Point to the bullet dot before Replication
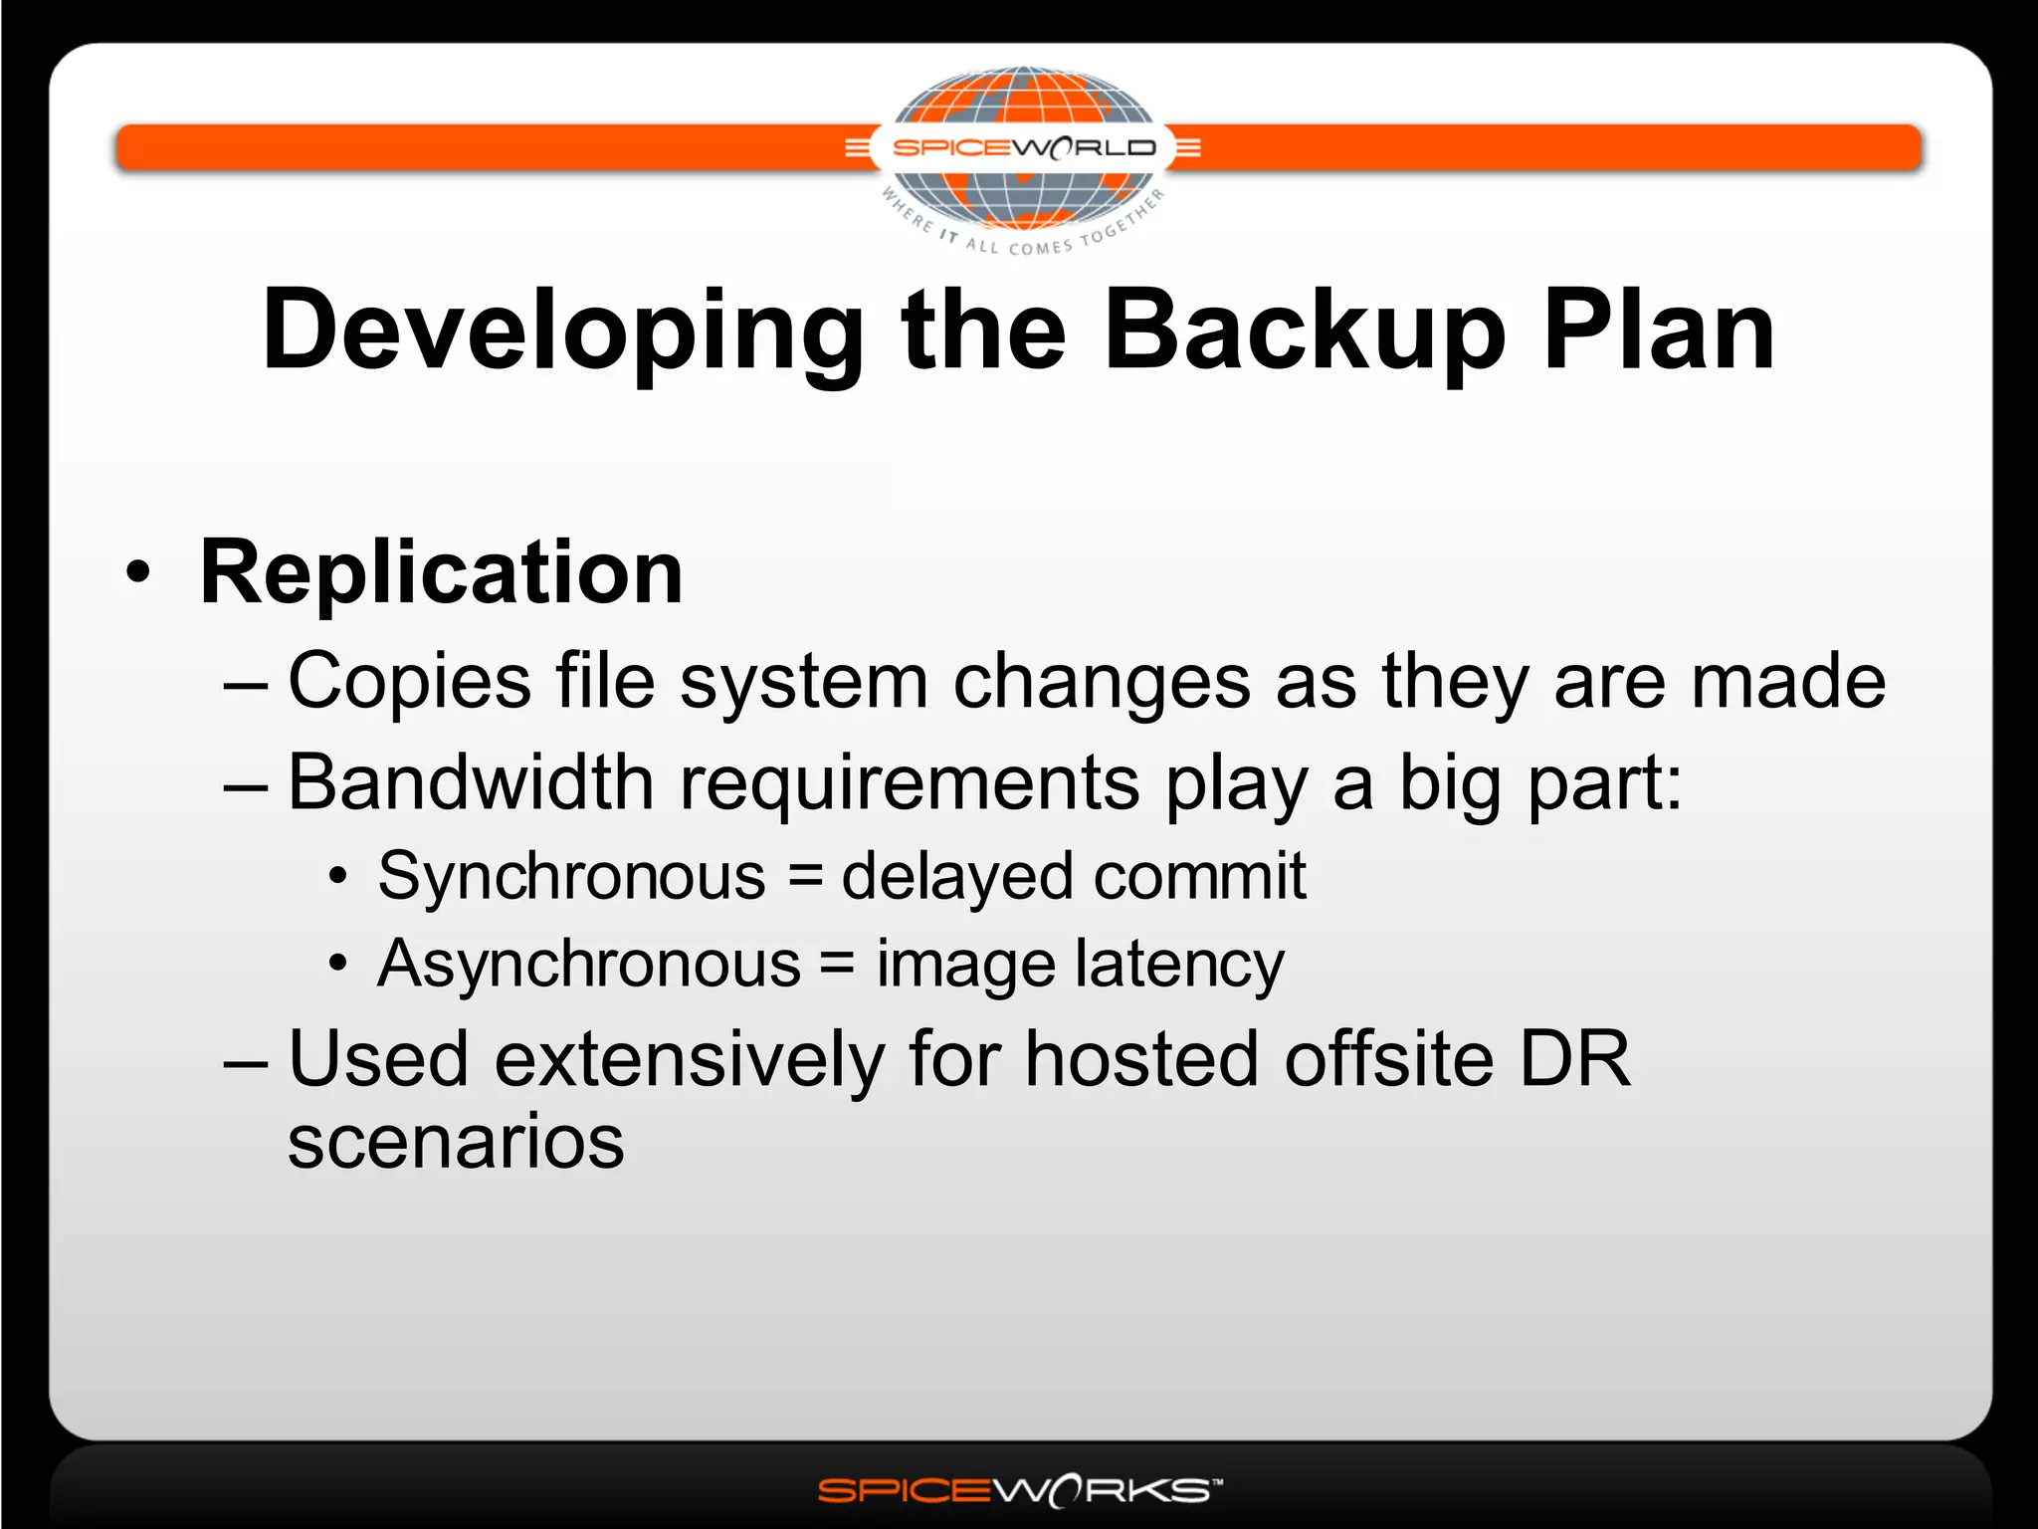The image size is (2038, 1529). pyautogui.click(x=139, y=573)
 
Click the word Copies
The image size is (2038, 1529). pyautogui.click(x=409, y=682)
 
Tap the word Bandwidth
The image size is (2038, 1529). pyautogui.click(x=470, y=783)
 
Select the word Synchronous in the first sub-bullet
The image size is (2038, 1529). pyautogui.click(x=571, y=877)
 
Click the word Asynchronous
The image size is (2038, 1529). pyautogui.click(x=589, y=965)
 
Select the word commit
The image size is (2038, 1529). pyautogui.click(x=1199, y=877)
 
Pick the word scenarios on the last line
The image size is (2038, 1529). pyautogui.click(x=456, y=1143)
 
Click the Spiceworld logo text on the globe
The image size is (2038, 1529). pyautogui.click(x=1024, y=148)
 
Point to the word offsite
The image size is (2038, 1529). pyautogui.click(x=1389, y=1059)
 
